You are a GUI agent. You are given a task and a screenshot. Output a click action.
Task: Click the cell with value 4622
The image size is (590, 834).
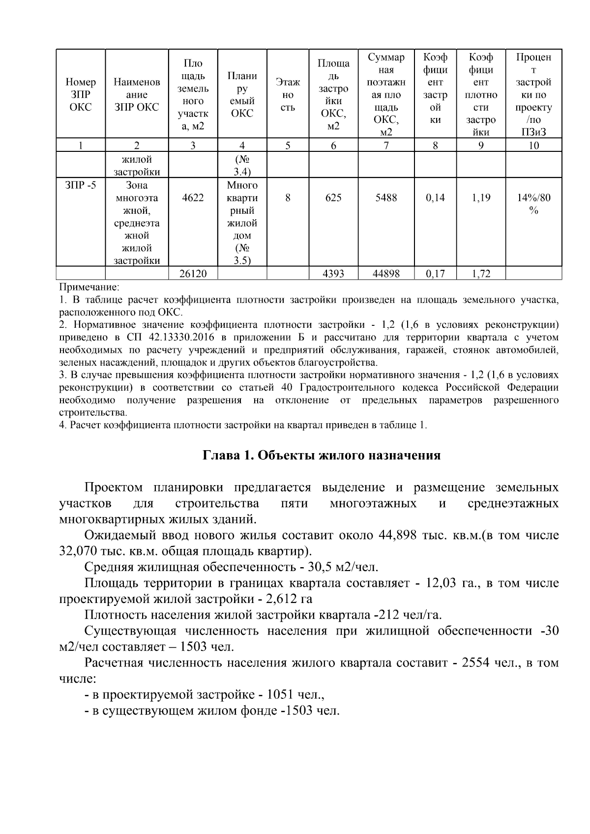coord(193,198)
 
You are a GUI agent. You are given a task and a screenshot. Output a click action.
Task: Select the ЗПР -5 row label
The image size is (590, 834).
coord(81,185)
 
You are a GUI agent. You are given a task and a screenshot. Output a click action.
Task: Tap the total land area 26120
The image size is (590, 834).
coord(193,273)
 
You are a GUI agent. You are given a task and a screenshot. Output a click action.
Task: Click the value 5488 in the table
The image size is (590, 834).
coord(386,198)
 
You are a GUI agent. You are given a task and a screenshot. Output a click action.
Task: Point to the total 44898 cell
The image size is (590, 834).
coord(386,273)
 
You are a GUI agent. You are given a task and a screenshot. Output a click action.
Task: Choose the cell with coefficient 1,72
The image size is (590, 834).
coord(481,273)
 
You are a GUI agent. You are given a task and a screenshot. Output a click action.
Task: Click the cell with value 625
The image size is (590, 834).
coord(333,198)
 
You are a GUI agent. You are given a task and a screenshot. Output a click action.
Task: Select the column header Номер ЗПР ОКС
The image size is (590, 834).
coord(81,94)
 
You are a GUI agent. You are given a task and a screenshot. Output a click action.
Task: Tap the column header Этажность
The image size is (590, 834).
coord(288,94)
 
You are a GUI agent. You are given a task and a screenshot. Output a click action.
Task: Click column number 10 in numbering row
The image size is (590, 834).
coord(533,145)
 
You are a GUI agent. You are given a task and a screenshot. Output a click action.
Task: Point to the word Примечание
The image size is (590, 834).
coord(89,287)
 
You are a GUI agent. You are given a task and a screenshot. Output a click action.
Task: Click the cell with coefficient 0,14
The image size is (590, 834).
coord(435,198)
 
